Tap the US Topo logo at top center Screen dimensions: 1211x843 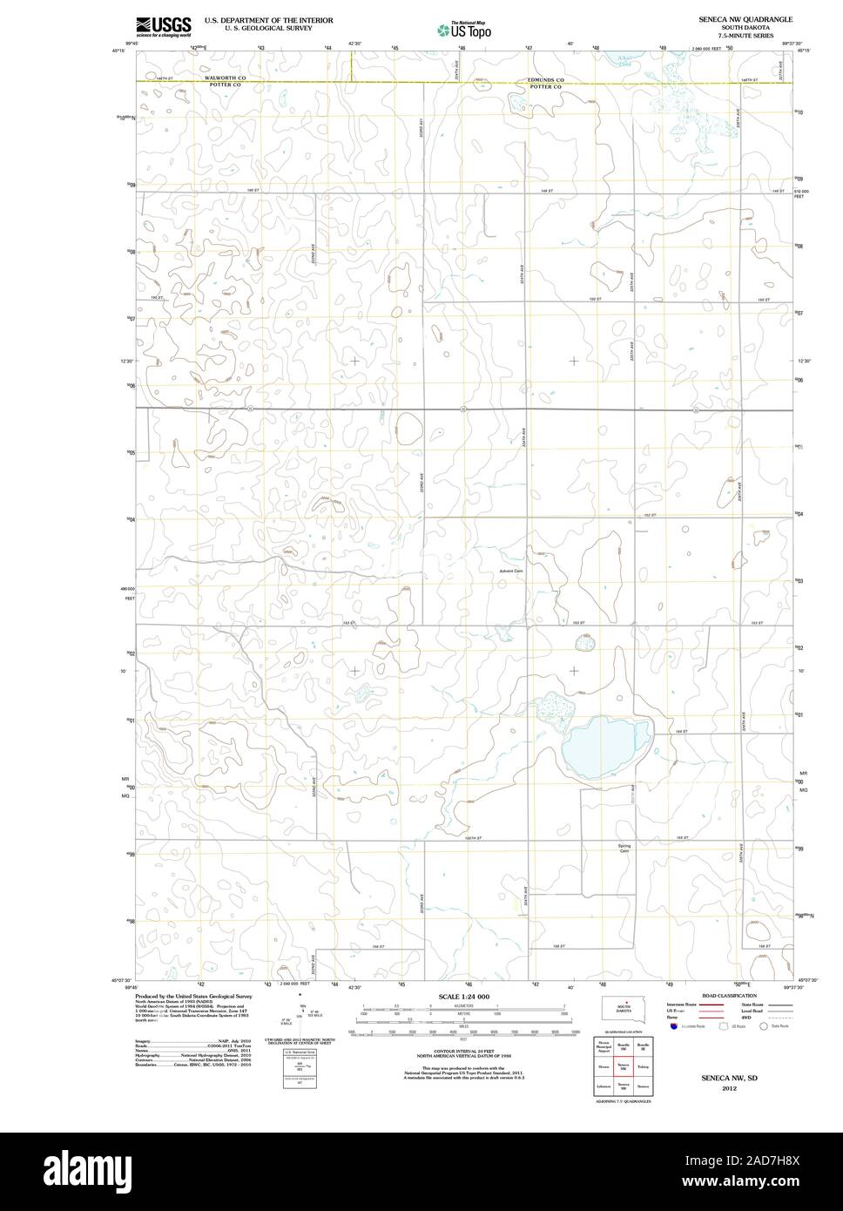coord(463,30)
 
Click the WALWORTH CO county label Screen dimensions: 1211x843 coord(227,78)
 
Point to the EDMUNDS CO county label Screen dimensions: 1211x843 coord(546,79)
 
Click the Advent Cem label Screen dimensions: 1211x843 coord(512,572)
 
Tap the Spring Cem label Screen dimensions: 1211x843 coord(624,848)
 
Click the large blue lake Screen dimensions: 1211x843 coord(606,739)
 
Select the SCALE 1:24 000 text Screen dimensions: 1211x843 coord(463,996)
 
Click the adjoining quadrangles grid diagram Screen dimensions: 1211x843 coord(623,1066)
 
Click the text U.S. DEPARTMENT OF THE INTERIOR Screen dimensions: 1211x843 coord(268,18)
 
